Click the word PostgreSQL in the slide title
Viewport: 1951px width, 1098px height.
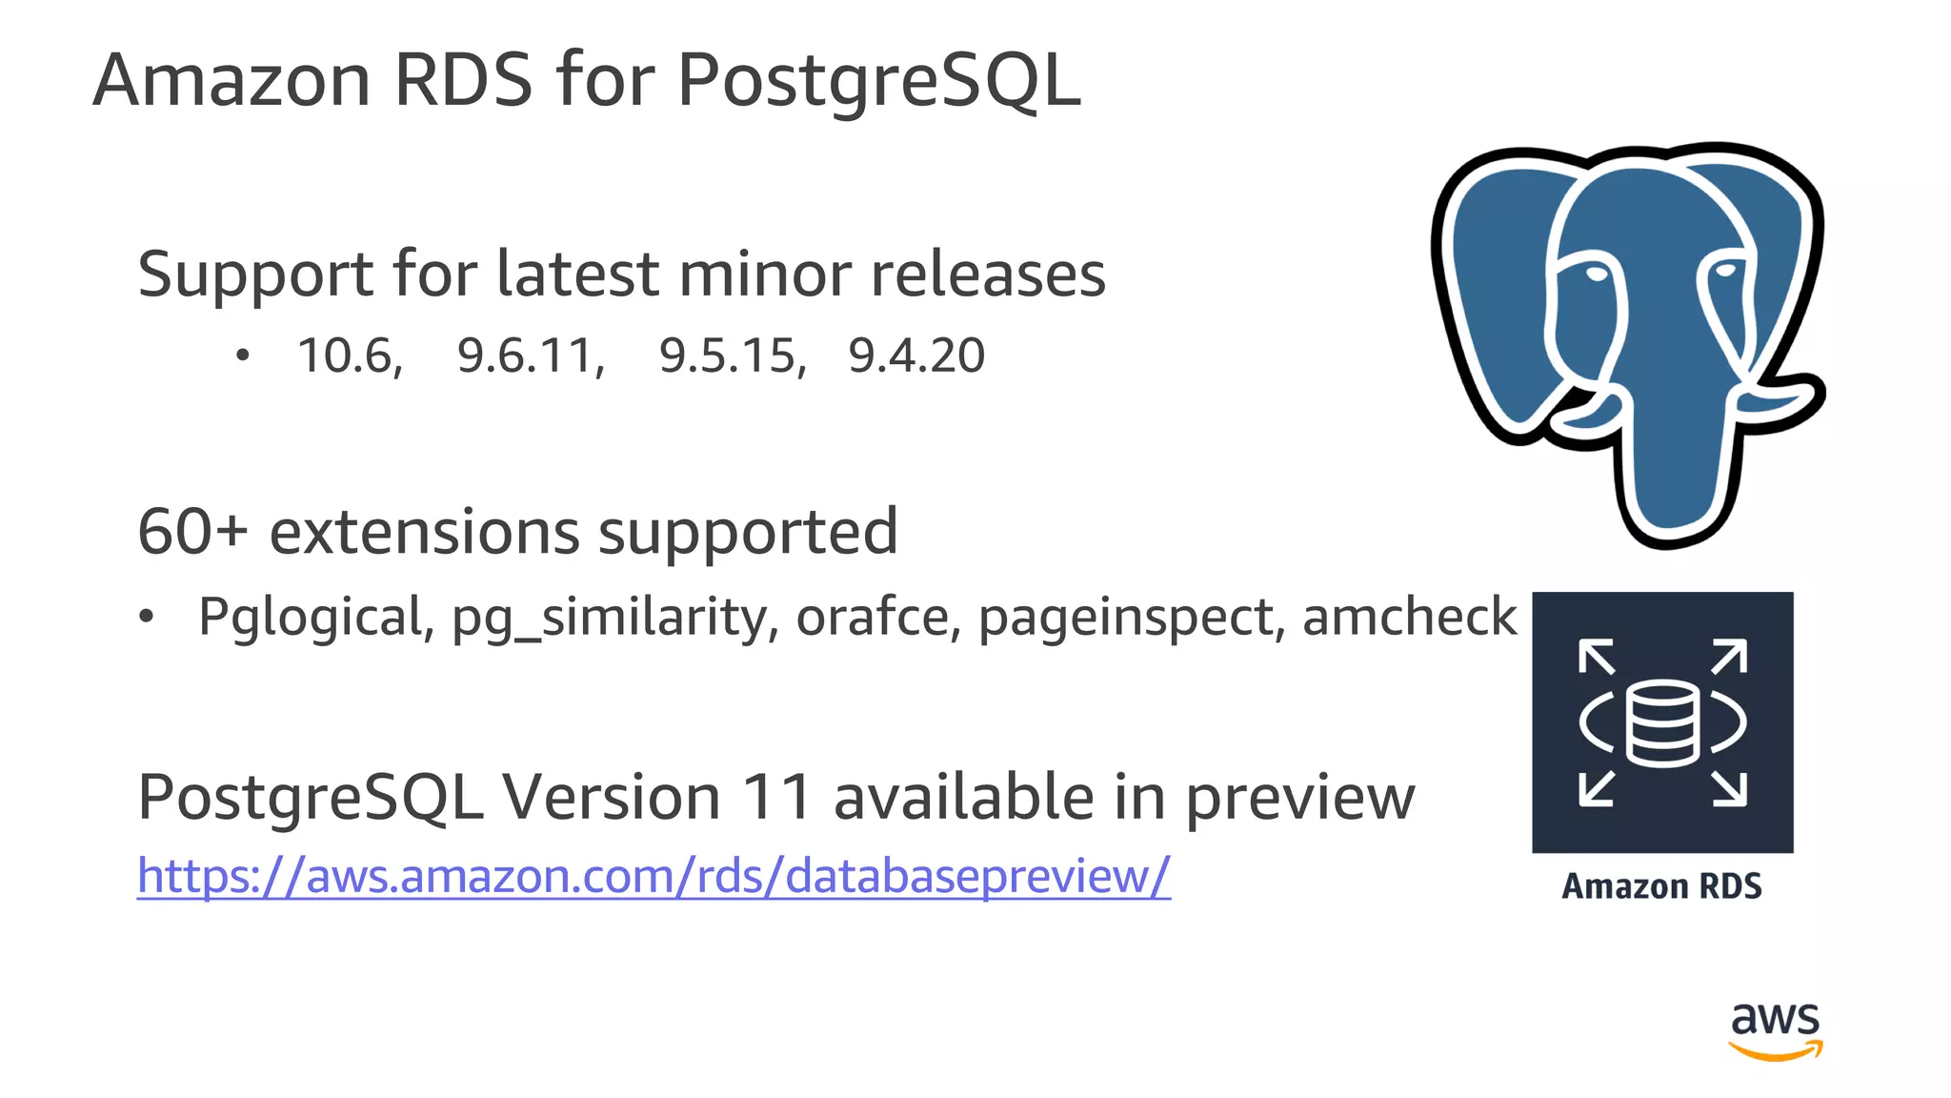click(878, 81)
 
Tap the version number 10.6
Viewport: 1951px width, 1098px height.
click(349, 356)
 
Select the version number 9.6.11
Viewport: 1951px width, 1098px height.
click(530, 356)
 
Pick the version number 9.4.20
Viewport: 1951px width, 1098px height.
click(916, 356)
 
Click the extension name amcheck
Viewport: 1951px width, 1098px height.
click(1409, 616)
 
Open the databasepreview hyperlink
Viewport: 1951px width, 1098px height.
click(654, 875)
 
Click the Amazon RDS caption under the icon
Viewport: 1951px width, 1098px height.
click(1661, 886)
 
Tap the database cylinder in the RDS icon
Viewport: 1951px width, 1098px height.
click(1662, 722)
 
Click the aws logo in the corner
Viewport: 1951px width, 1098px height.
click(1775, 1029)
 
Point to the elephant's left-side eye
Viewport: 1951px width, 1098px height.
click(1596, 274)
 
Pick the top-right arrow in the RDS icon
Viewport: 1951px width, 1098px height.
click(1729, 657)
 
